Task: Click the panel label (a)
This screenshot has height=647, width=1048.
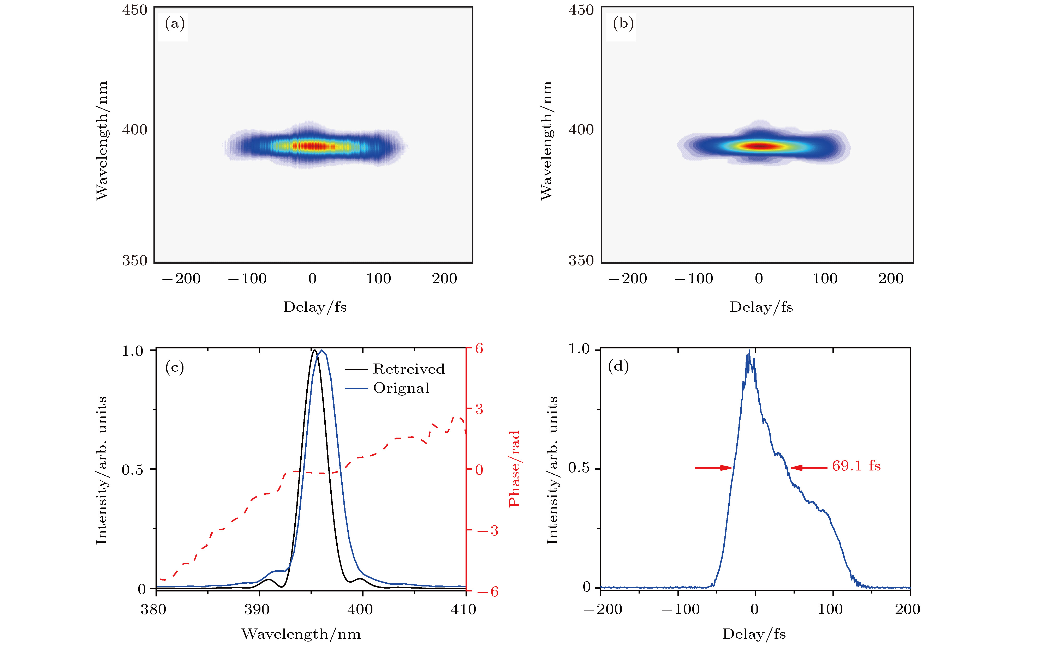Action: tap(175, 23)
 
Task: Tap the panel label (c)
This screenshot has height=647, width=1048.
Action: tap(175, 367)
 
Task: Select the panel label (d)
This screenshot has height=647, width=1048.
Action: tap(618, 366)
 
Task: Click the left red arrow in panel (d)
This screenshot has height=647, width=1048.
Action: tap(714, 468)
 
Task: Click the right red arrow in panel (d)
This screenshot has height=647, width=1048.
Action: tap(809, 468)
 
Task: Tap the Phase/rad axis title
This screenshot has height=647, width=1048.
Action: tap(514, 469)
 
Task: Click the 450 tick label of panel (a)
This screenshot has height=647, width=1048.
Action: tap(135, 10)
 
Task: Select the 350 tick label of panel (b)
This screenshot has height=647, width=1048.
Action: tap(581, 260)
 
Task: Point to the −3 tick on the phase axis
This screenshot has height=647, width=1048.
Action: tap(488, 531)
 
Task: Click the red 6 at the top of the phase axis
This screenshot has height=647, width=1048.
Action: tap(479, 348)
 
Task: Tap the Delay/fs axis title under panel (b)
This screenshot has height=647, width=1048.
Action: tap(761, 307)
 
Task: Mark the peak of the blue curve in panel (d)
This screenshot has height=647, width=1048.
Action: tap(749, 351)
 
